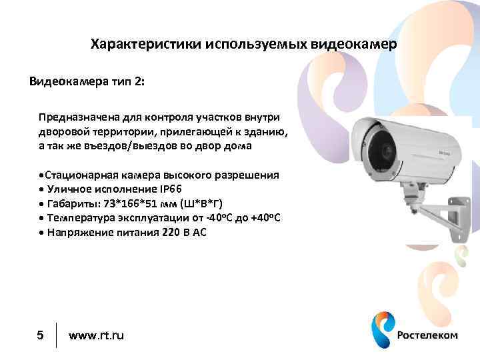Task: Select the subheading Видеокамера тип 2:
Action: tap(86, 82)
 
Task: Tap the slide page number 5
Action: tap(40, 335)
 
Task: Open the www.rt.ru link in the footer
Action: tap(96, 335)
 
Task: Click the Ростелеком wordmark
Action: tap(427, 335)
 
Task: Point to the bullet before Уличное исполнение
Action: tap(41, 189)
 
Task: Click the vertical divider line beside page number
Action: tap(57, 335)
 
